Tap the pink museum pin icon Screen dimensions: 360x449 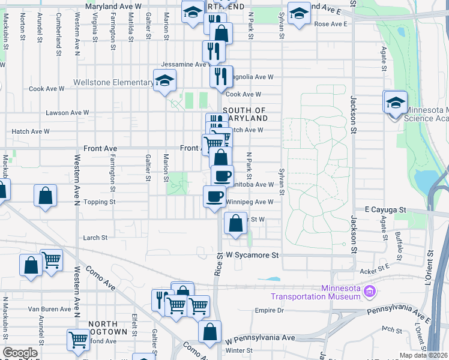[x=370, y=292]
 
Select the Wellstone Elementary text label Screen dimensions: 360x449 [x=113, y=82]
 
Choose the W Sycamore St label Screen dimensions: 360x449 [x=253, y=255]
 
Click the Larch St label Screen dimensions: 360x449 [x=95, y=238]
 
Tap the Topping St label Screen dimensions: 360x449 [x=100, y=202]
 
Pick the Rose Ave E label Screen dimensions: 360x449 [x=331, y=24]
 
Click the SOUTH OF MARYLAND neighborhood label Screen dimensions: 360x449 [x=244, y=114]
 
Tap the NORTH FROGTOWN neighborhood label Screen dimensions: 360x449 [x=108, y=328]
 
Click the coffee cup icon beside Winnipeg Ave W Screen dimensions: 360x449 [x=215, y=196]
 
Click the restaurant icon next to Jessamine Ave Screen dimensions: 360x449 [x=214, y=50]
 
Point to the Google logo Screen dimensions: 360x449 [x=20, y=353]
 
